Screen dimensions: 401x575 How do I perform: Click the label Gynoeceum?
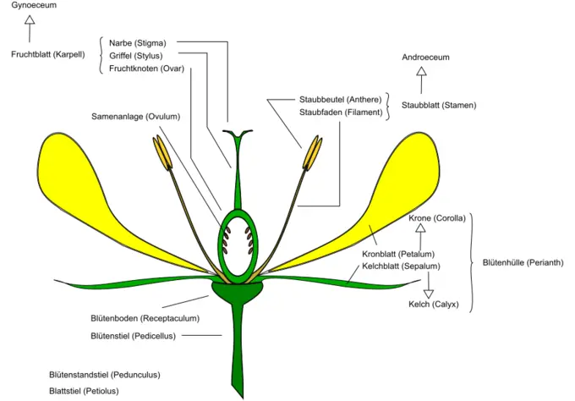(x=30, y=6)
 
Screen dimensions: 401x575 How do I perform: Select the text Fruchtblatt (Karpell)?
(x=47, y=55)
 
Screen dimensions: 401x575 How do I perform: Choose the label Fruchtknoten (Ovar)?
(x=147, y=69)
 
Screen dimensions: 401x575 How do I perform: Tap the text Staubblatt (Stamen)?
(x=439, y=106)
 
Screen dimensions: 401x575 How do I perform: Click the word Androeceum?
(x=425, y=58)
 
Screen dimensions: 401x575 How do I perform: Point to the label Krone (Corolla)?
(x=437, y=218)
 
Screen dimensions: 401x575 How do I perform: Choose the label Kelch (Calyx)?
(x=433, y=304)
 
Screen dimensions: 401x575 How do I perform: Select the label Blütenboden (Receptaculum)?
(x=145, y=319)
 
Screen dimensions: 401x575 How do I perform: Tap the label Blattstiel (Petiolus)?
(x=84, y=391)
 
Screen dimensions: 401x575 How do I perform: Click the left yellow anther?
(x=162, y=152)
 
